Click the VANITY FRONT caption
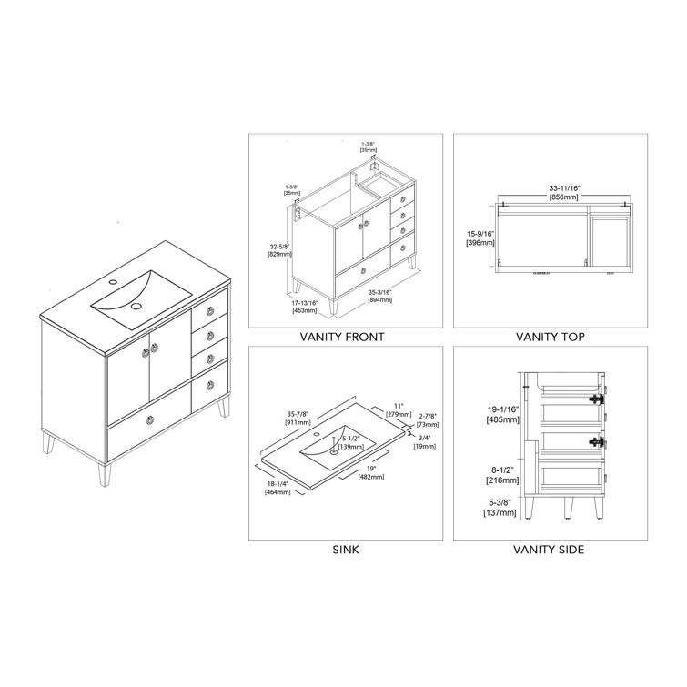[x=341, y=338]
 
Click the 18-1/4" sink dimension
[x=277, y=488]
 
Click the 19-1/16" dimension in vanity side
[x=504, y=415]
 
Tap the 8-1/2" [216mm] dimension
[x=503, y=474]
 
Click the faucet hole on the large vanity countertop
[x=110, y=285]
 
